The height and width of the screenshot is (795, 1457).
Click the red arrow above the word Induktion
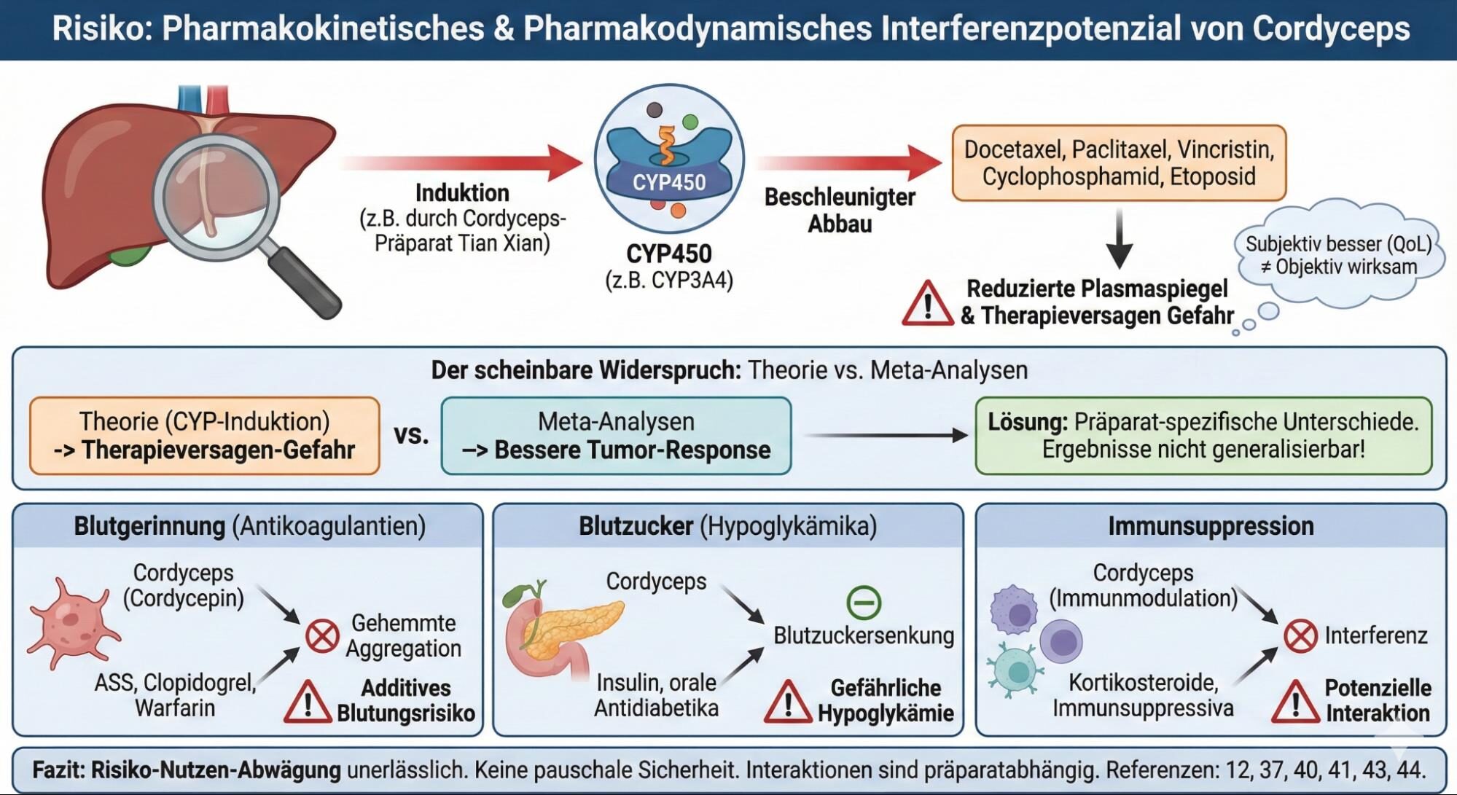(462, 161)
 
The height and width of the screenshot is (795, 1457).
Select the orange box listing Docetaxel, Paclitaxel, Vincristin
(1119, 163)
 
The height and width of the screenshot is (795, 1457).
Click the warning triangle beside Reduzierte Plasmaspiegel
(927, 304)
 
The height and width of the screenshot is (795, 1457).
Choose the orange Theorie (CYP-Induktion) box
(205, 436)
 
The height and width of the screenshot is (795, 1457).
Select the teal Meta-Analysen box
(616, 436)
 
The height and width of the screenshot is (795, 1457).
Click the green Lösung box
(1203, 436)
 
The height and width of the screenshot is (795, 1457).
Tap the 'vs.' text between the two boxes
(411, 435)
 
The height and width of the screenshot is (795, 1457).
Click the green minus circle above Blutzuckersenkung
(864, 603)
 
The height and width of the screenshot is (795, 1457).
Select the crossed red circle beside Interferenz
(1300, 636)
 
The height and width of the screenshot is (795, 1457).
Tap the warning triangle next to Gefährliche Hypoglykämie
(787, 702)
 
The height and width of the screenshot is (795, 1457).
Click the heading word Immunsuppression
(1211, 526)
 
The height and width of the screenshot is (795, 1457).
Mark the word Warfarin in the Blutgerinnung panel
(175, 708)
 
